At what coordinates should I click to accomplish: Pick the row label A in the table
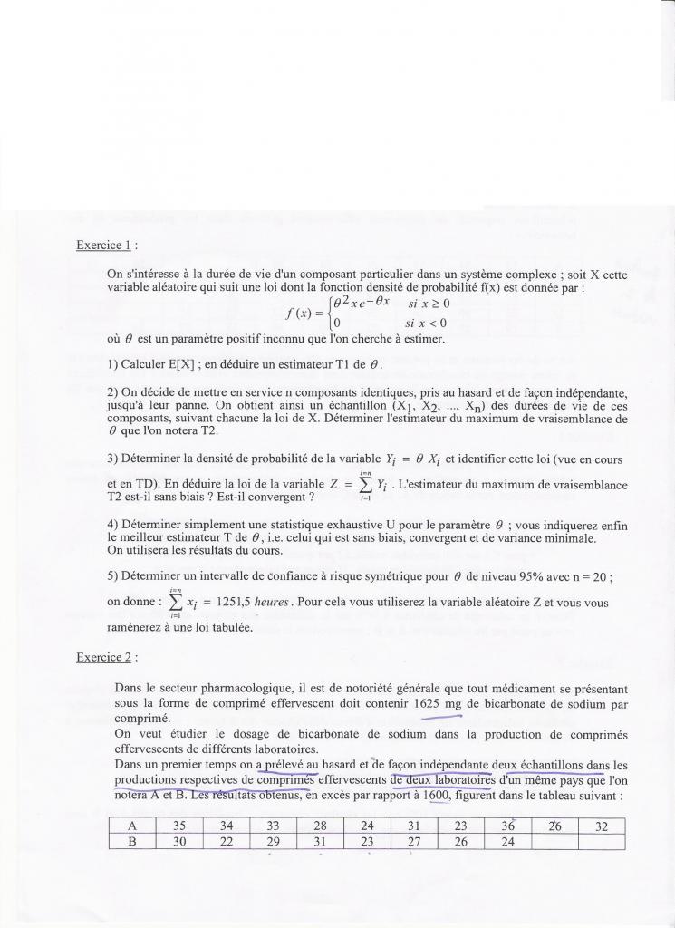pyautogui.click(x=131, y=826)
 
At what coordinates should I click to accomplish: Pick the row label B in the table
pyautogui.click(x=131, y=842)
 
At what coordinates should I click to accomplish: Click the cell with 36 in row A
pyautogui.click(x=507, y=826)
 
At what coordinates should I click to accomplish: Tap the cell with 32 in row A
pyautogui.click(x=601, y=826)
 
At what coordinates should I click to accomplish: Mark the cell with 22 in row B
pyautogui.click(x=227, y=842)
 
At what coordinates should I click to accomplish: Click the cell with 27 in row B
pyautogui.click(x=413, y=842)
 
